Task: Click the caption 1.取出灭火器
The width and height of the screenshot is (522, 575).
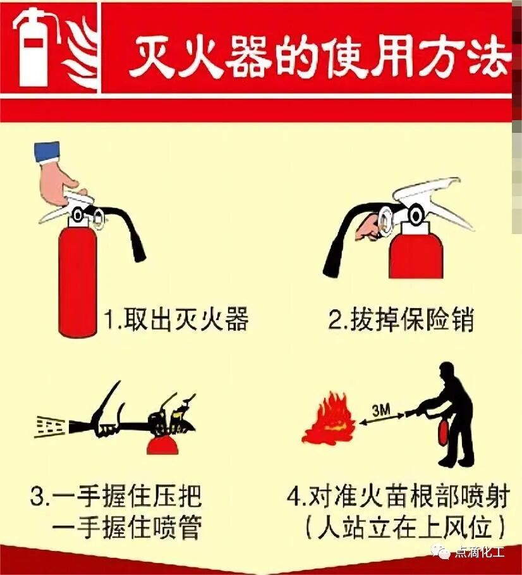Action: tap(176, 318)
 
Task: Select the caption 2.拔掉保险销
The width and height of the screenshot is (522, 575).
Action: tap(401, 318)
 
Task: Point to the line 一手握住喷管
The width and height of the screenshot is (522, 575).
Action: tap(127, 528)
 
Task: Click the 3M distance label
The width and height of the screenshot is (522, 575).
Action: tap(381, 411)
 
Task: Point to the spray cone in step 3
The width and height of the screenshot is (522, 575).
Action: tap(51, 426)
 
